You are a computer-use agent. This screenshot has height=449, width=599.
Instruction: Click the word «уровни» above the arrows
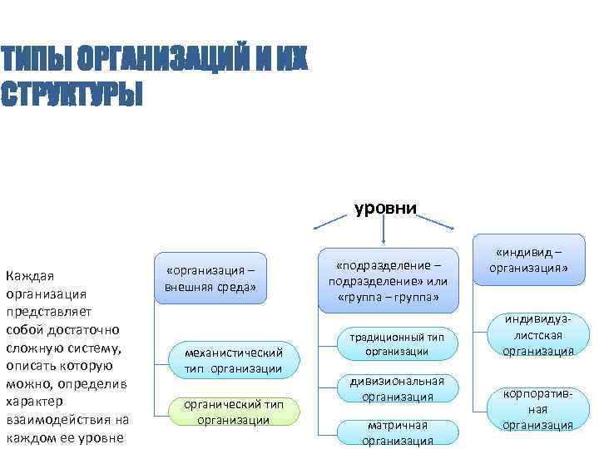pyautogui.click(x=385, y=208)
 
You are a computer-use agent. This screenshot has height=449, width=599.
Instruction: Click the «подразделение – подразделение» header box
pyautogui.click(x=389, y=281)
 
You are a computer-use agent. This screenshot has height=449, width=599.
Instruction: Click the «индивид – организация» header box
pyautogui.click(x=528, y=260)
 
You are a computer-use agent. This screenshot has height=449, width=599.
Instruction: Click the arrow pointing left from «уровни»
pyautogui.click(x=330, y=222)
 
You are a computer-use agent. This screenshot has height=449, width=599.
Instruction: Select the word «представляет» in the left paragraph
pyautogui.click(x=45, y=312)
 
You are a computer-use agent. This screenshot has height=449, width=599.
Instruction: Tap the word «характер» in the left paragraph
pyautogui.click(x=34, y=402)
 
